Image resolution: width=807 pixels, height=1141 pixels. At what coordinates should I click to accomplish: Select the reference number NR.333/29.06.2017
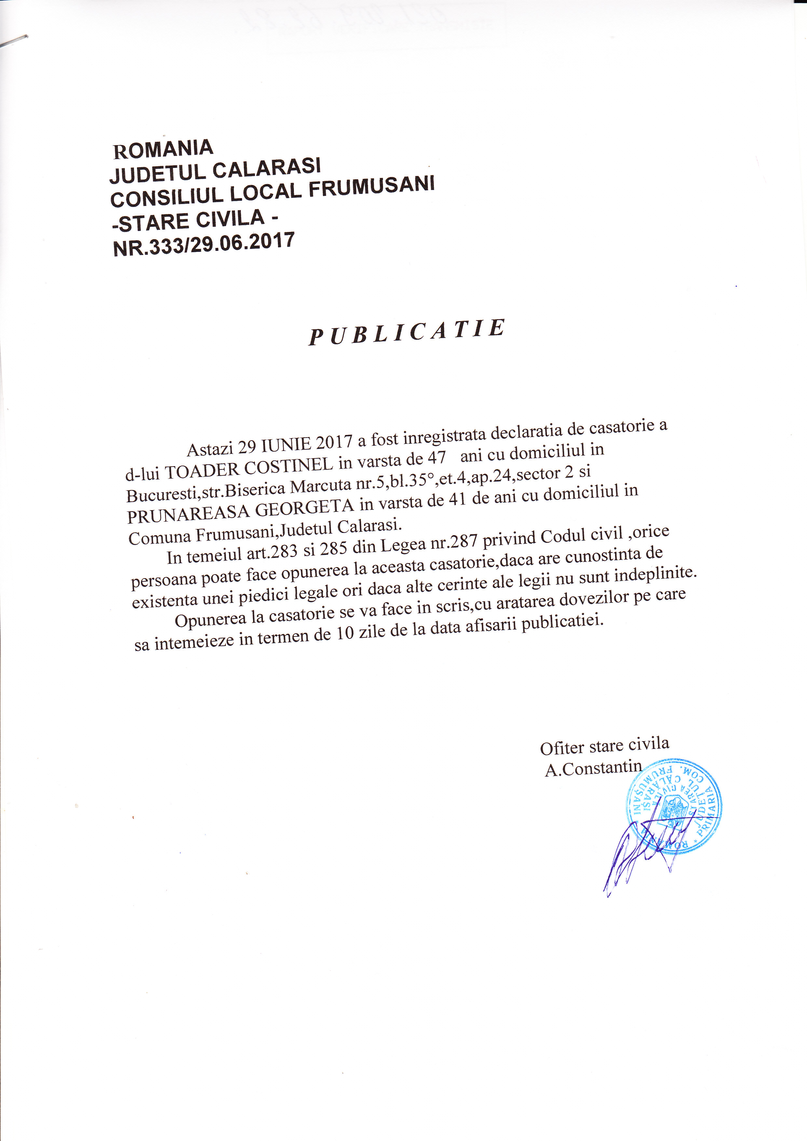coord(204,245)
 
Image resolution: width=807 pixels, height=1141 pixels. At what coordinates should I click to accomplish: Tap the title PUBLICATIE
coord(406,332)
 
